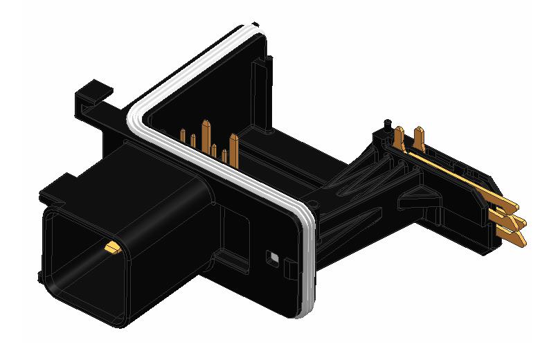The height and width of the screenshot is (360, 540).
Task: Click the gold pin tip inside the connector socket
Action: [x=111, y=246]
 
